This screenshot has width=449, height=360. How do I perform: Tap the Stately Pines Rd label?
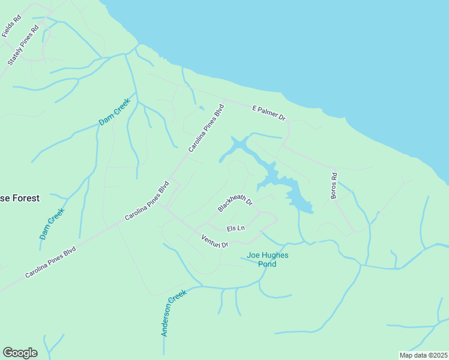tap(23, 46)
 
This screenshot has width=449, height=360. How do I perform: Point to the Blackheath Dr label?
tap(235, 199)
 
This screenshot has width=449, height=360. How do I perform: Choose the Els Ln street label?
tap(236, 229)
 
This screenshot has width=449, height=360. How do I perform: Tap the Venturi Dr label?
tap(215, 241)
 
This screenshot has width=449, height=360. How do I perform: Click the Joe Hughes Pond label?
tap(267, 259)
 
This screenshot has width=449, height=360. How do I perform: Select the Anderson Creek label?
tap(175, 313)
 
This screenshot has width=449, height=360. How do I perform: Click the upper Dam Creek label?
tap(115, 112)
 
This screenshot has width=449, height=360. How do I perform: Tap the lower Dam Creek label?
tap(52, 224)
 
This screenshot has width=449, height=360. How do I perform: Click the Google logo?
tap(20, 353)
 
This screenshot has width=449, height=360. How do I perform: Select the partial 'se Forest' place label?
tap(20, 197)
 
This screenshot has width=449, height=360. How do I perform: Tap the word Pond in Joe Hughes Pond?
tap(267, 264)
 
